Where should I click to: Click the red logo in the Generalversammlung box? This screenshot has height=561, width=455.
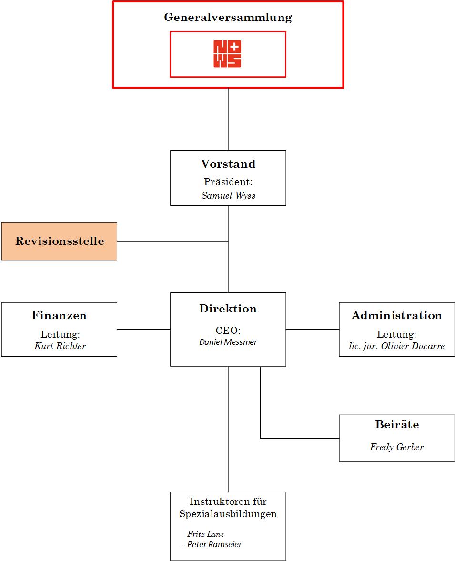[227, 54]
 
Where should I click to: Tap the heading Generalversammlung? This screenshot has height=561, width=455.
[228, 18]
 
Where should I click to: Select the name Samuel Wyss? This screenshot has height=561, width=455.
[228, 196]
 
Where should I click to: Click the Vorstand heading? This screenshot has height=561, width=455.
[228, 164]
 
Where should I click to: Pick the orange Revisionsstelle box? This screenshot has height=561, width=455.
[59, 241]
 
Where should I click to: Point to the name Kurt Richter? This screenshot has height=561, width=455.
[60, 346]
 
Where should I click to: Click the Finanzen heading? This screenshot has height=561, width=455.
[59, 315]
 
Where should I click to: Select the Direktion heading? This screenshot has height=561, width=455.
[228, 309]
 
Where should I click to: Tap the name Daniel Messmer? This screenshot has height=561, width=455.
[228, 342]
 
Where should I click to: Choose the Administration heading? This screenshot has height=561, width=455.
[396, 315]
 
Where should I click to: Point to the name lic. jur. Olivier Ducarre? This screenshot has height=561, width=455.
[396, 346]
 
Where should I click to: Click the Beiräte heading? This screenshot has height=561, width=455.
[396, 424]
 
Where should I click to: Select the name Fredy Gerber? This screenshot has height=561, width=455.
[396, 447]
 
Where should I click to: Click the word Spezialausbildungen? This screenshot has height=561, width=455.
[228, 514]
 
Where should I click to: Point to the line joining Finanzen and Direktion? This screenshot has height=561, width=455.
[143, 329]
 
